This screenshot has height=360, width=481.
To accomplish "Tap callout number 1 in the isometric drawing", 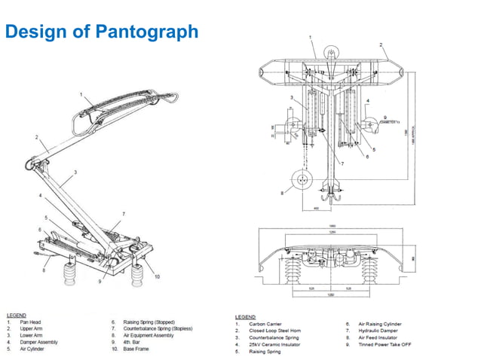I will pos(81,93).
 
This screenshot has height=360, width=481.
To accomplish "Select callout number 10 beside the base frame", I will pos(158,276).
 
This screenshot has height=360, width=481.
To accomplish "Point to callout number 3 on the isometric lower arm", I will pos(75,172).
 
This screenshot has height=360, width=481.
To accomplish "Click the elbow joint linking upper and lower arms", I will pos(32,160).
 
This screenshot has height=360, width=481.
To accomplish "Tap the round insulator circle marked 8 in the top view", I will pos(302,180).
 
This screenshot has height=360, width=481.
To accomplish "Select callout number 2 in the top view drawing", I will pos(381,44).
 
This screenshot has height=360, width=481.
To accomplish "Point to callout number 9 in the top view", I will pos(384,117).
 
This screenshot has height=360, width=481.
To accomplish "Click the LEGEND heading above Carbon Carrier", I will pos(245,317).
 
